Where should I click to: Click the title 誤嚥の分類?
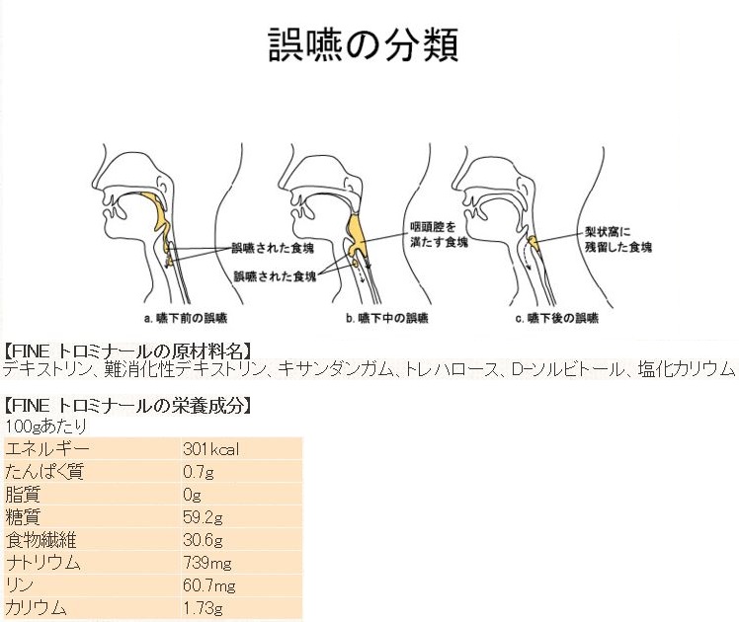[x=363, y=44]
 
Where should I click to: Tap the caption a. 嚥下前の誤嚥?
[x=189, y=318]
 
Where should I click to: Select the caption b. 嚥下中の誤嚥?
[x=387, y=318]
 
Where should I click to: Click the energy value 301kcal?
[x=211, y=449]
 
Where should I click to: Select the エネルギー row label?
[x=46, y=449]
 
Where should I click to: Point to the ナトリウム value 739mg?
[x=207, y=563]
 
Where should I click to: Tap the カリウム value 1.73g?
[x=203, y=608]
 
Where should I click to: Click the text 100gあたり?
[x=46, y=426]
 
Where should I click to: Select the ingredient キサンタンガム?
[x=336, y=371]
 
